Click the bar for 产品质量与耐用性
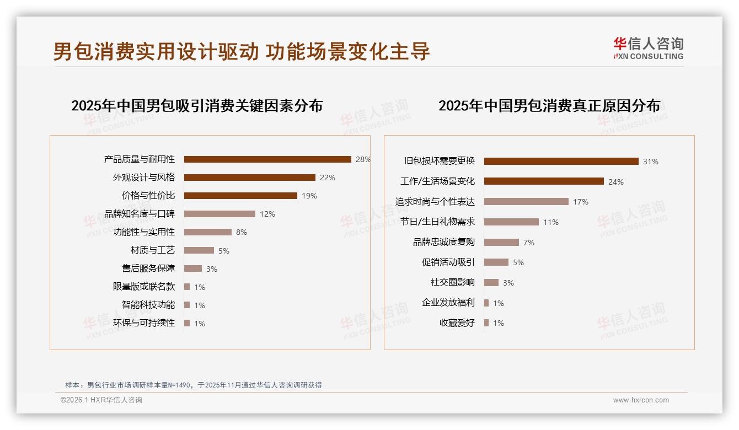pos(267,159)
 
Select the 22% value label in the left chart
pos(328,178)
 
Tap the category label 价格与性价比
pos(148,196)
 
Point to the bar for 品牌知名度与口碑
pos(219,214)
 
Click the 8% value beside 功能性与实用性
pos(242,232)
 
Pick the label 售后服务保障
pos(148,268)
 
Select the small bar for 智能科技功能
pos(187,305)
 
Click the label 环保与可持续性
pos(144,323)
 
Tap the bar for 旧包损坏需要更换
pos(561,161)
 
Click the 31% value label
pos(651,162)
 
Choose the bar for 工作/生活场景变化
pos(544,181)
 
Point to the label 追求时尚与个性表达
pos(435,202)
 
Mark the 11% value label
pos(551,222)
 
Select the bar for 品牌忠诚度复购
pos(501,242)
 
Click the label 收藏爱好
pos(457,323)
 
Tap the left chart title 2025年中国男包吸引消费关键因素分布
pos(197,105)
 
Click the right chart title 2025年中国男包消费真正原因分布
pos(549,105)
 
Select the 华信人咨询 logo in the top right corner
pos(649,48)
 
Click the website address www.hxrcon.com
pos(641,400)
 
